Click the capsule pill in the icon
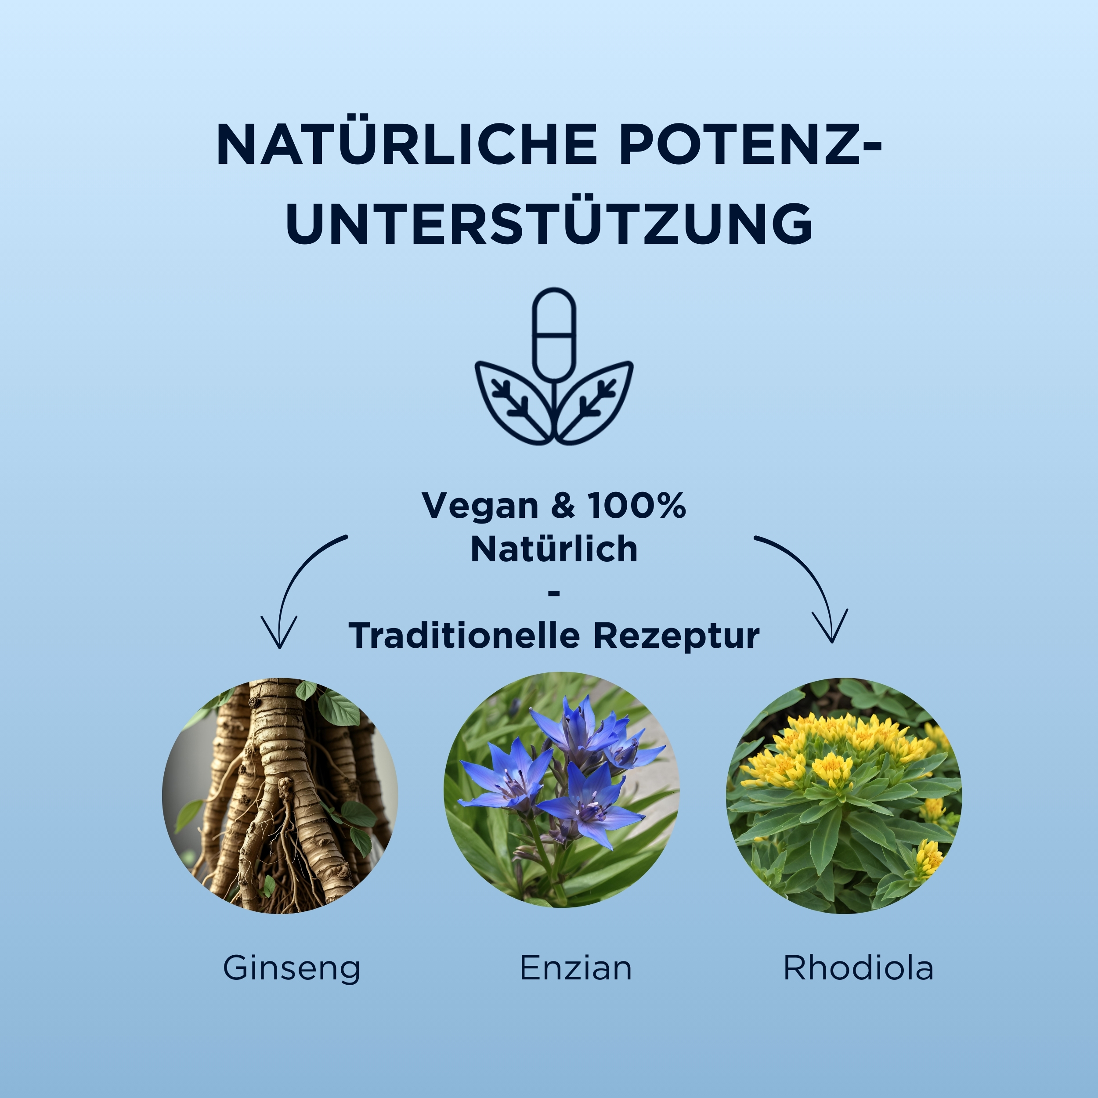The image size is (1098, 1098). tap(554, 334)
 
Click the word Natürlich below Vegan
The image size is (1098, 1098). tap(554, 549)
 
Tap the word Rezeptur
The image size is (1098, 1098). tap(676, 636)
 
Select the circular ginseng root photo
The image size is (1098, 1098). tap(280, 796)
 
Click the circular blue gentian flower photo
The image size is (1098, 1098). tap(561, 790)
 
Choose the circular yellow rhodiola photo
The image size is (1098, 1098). tap(844, 796)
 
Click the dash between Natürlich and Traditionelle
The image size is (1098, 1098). tap(554, 593)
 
